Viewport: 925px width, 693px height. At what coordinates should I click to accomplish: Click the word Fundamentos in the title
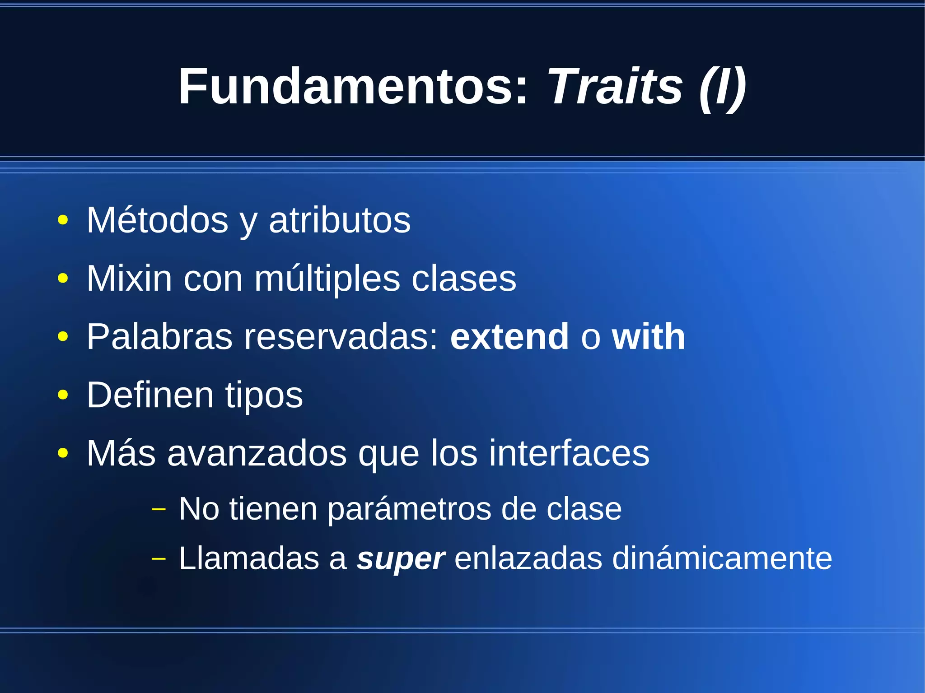coord(353,86)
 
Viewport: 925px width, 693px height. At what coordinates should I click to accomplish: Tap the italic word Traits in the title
coord(615,86)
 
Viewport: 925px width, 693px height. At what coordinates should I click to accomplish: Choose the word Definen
coord(150,395)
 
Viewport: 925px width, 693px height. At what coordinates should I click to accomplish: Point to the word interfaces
coord(569,453)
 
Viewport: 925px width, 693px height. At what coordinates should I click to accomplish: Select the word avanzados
coord(257,453)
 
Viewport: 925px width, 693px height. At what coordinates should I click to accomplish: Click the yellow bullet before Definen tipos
coord(63,395)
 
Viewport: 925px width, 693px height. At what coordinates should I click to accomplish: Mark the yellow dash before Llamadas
coord(159,559)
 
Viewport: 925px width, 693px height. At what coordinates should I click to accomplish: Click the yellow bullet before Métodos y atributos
coord(63,221)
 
